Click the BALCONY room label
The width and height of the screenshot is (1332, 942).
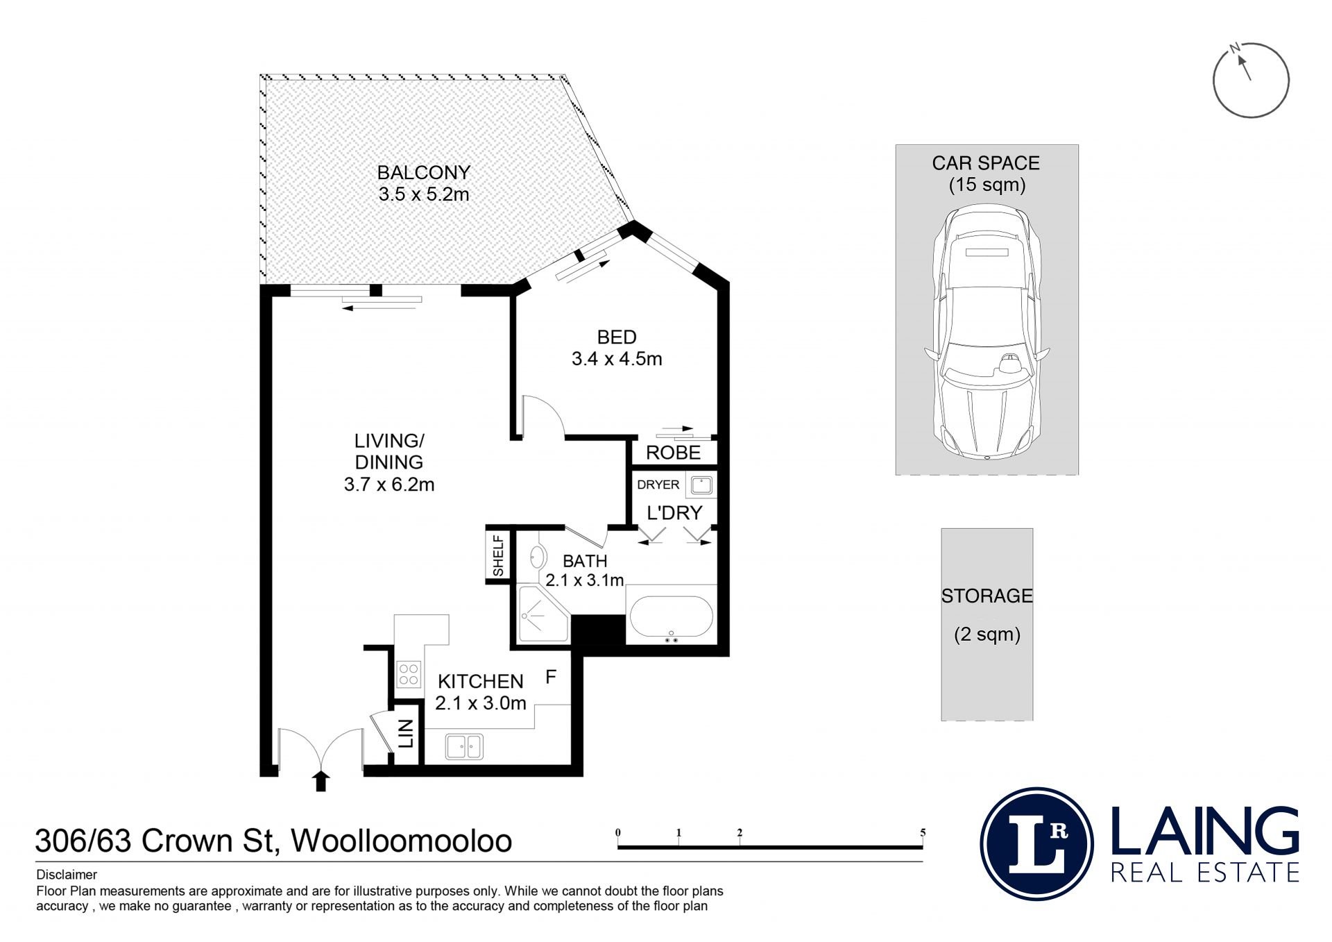pos(424,172)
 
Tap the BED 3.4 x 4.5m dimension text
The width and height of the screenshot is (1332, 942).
pos(617,359)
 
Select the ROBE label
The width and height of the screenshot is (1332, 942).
pos(673,453)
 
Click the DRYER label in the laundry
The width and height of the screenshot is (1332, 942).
pos(658,485)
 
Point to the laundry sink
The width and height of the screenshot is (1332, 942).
pos(701,485)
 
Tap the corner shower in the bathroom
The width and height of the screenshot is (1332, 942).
pos(543,614)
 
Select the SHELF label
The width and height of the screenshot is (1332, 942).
pos(498,555)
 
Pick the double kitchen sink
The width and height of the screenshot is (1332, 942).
pos(464,746)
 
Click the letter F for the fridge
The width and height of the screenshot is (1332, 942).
pos(551,677)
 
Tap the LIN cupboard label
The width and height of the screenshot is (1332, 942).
pos(407,734)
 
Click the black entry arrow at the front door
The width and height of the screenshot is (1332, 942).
pos(320,780)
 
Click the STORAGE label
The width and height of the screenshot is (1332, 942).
pos(987,596)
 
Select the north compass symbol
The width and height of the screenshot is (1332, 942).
pos(1251,80)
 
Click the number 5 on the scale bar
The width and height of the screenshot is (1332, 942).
pos(923,832)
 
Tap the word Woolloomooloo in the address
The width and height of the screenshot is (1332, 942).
pos(402,841)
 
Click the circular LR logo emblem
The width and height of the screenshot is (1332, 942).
pos(1037,843)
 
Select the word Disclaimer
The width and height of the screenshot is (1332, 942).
pos(67,875)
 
